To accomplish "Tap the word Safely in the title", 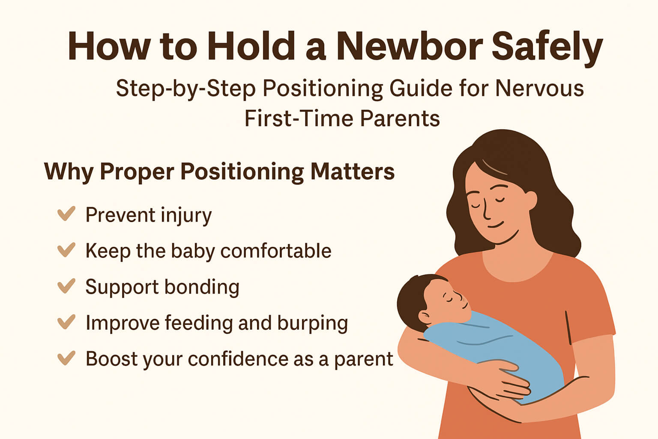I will pyautogui.click(x=547, y=47).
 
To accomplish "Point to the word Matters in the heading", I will pyautogui.click(x=352, y=171).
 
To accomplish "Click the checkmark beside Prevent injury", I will pyautogui.click(x=66, y=213).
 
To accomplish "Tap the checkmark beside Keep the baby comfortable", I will pyautogui.click(x=66, y=250).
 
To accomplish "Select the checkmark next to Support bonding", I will pyautogui.click(x=66, y=286).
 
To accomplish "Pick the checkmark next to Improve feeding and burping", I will pyautogui.click(x=66, y=322).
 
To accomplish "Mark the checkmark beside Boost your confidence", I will pyautogui.click(x=66, y=358).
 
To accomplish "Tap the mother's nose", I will pyautogui.click(x=485, y=210).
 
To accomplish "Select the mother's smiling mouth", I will pyautogui.click(x=496, y=225).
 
